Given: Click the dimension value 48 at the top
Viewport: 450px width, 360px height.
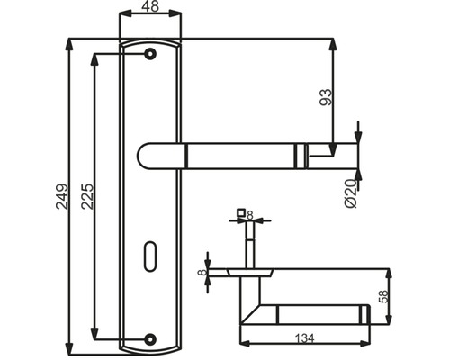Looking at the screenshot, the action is tap(150, 6).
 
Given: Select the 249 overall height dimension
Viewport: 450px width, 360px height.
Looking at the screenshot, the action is tap(62, 196).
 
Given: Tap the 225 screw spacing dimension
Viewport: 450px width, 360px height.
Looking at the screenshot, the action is tap(87, 196).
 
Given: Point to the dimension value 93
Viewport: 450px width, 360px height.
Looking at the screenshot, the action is tap(327, 97).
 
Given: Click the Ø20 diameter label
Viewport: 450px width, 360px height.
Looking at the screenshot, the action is tap(351, 193).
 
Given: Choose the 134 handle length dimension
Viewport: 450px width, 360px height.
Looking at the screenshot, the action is tap(305, 338).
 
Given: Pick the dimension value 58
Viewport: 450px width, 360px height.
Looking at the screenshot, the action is tap(384, 296).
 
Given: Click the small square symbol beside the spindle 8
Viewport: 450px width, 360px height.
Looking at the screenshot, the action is tap(241, 212).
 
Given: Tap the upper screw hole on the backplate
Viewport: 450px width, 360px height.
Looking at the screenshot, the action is tap(150, 54).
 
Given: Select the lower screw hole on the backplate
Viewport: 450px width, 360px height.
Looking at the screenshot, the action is tap(150, 339).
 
